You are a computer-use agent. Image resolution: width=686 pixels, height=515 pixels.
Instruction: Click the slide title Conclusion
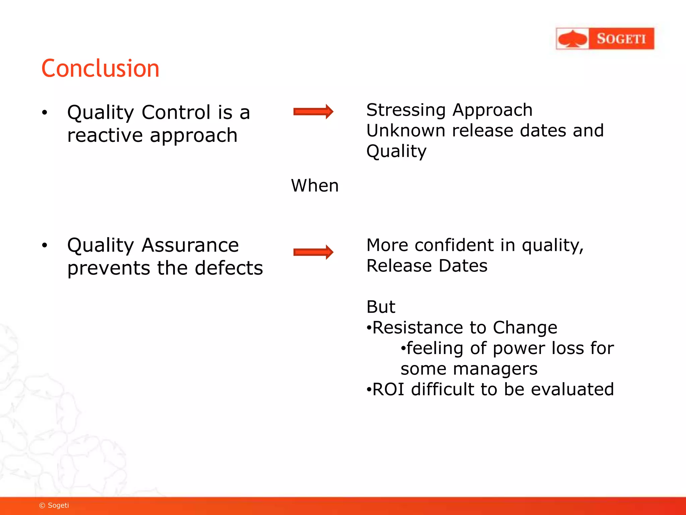(x=100, y=69)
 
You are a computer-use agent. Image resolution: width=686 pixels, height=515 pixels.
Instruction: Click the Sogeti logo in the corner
(x=605, y=39)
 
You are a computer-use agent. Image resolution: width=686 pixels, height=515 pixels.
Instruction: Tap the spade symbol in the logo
(x=573, y=39)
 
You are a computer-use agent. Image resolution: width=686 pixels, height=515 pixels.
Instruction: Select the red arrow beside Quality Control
(x=313, y=112)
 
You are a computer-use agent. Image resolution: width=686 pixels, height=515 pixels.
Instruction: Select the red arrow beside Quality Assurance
(x=313, y=252)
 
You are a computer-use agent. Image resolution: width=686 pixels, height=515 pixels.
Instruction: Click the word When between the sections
(x=315, y=186)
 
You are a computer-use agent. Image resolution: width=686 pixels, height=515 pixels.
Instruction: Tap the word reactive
(x=105, y=135)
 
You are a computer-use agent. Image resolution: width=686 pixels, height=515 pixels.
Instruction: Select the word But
(x=381, y=307)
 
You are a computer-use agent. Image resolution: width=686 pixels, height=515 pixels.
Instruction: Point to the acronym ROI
(x=388, y=390)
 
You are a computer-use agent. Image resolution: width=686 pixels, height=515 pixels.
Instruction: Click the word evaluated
(x=572, y=390)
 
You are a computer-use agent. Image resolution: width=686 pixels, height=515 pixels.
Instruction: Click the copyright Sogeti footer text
(x=54, y=505)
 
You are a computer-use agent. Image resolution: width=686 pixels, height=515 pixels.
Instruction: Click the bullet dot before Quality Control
(x=45, y=113)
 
